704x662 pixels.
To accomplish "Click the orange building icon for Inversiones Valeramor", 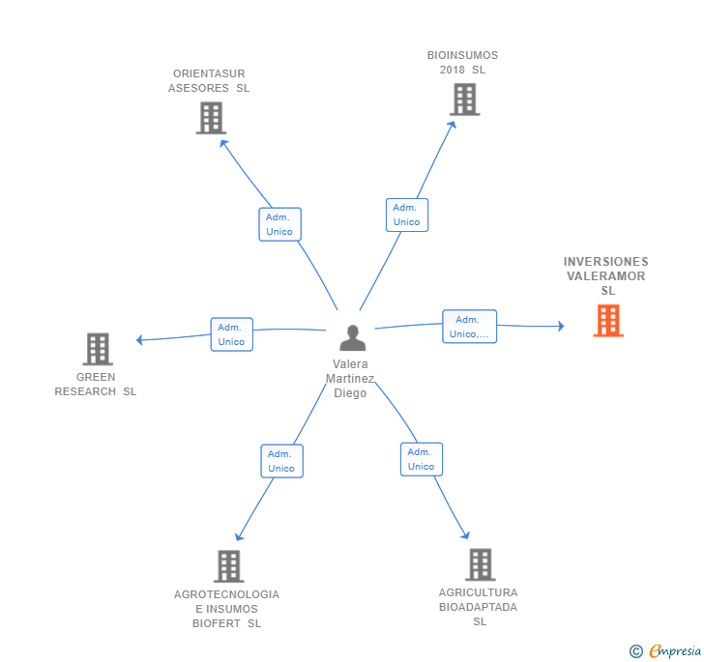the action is point(608,321).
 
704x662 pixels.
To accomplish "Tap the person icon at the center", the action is point(352,337).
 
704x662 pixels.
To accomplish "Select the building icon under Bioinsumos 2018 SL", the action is point(465,100).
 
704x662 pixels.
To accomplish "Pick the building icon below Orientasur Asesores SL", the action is point(211,118).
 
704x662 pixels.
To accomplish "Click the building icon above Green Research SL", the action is point(98,349).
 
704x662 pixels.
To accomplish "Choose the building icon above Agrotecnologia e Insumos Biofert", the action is point(228,566).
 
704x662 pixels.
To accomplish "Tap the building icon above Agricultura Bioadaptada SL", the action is point(481,564).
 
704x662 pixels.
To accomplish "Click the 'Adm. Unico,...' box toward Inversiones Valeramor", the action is point(469,327).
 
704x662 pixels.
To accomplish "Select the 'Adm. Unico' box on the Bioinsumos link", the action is point(407,215).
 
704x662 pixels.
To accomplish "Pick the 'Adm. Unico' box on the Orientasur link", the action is point(279,224).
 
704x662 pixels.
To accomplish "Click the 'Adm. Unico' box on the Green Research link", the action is point(232,334).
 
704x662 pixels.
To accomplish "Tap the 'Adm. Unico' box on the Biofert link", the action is point(282,461).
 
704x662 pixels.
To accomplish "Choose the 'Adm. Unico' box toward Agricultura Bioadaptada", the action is point(422,459).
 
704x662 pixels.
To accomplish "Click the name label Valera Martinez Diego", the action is point(350,378).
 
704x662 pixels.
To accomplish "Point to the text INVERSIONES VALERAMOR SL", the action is point(605,276).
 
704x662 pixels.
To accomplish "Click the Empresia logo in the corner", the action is point(665,650).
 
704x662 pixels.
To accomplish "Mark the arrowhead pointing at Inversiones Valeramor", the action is point(561,327).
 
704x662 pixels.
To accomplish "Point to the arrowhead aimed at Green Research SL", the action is point(139,340).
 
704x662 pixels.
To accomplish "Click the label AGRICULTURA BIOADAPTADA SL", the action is point(478,607).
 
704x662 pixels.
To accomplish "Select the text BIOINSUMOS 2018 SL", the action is point(462,63).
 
